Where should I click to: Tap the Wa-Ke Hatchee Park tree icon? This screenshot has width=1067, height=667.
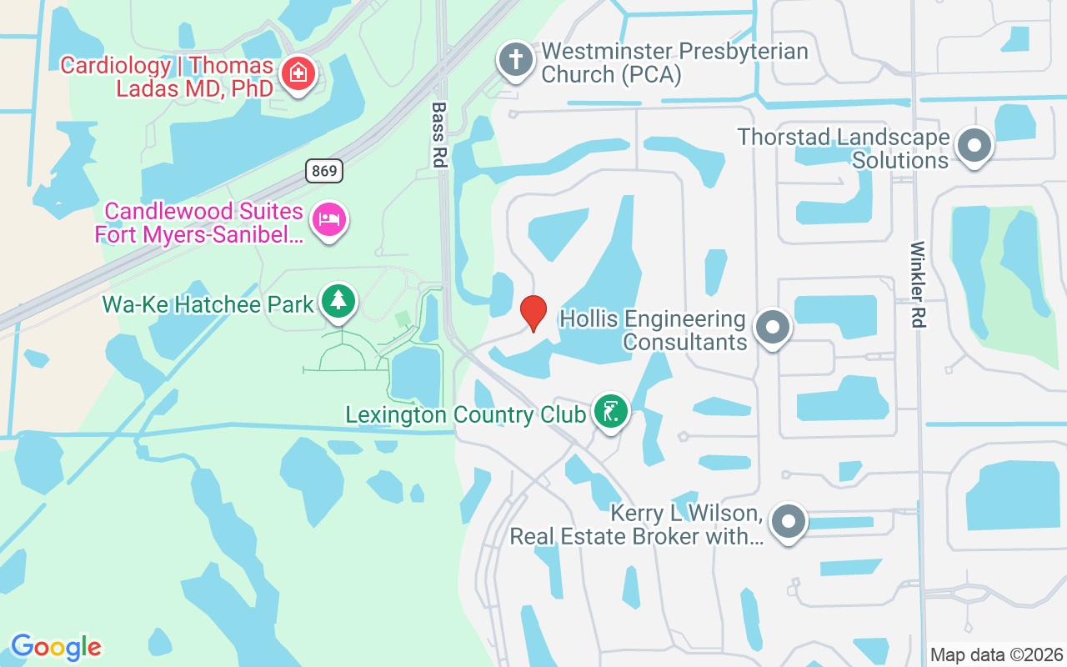338,301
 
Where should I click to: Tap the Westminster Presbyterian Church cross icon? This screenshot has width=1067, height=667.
516,61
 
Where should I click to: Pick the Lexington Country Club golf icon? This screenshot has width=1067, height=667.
610,411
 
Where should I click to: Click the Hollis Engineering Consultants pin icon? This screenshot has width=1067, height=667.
772,327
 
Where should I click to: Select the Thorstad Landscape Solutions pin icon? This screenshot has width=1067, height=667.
974,146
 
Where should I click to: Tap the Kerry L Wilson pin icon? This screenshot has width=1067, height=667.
788,523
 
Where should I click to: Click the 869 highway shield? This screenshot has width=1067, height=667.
323,172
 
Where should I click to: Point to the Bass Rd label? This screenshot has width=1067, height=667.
438,134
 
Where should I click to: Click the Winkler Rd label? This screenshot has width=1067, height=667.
918,283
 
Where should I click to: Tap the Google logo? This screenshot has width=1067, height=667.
56,647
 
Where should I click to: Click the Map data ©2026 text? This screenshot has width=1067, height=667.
996,654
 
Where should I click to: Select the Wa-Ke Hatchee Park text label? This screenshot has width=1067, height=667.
208,303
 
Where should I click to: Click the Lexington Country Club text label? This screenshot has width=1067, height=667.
465,414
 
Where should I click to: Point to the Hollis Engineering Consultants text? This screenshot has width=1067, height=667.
653,330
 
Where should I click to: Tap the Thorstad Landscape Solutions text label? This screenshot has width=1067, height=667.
844,148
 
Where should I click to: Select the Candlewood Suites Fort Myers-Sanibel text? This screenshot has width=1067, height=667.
200,222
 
